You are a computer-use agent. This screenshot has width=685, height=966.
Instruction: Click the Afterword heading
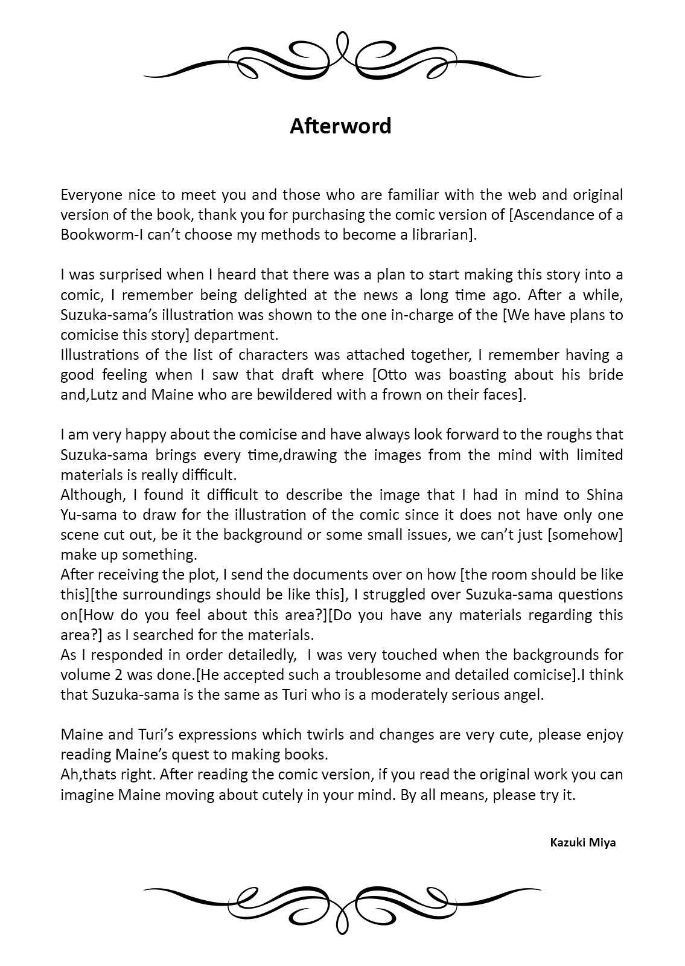pos(340,126)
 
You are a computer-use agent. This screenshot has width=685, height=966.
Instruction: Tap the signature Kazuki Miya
pos(582,842)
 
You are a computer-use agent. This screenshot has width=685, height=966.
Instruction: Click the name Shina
pos(605,494)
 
